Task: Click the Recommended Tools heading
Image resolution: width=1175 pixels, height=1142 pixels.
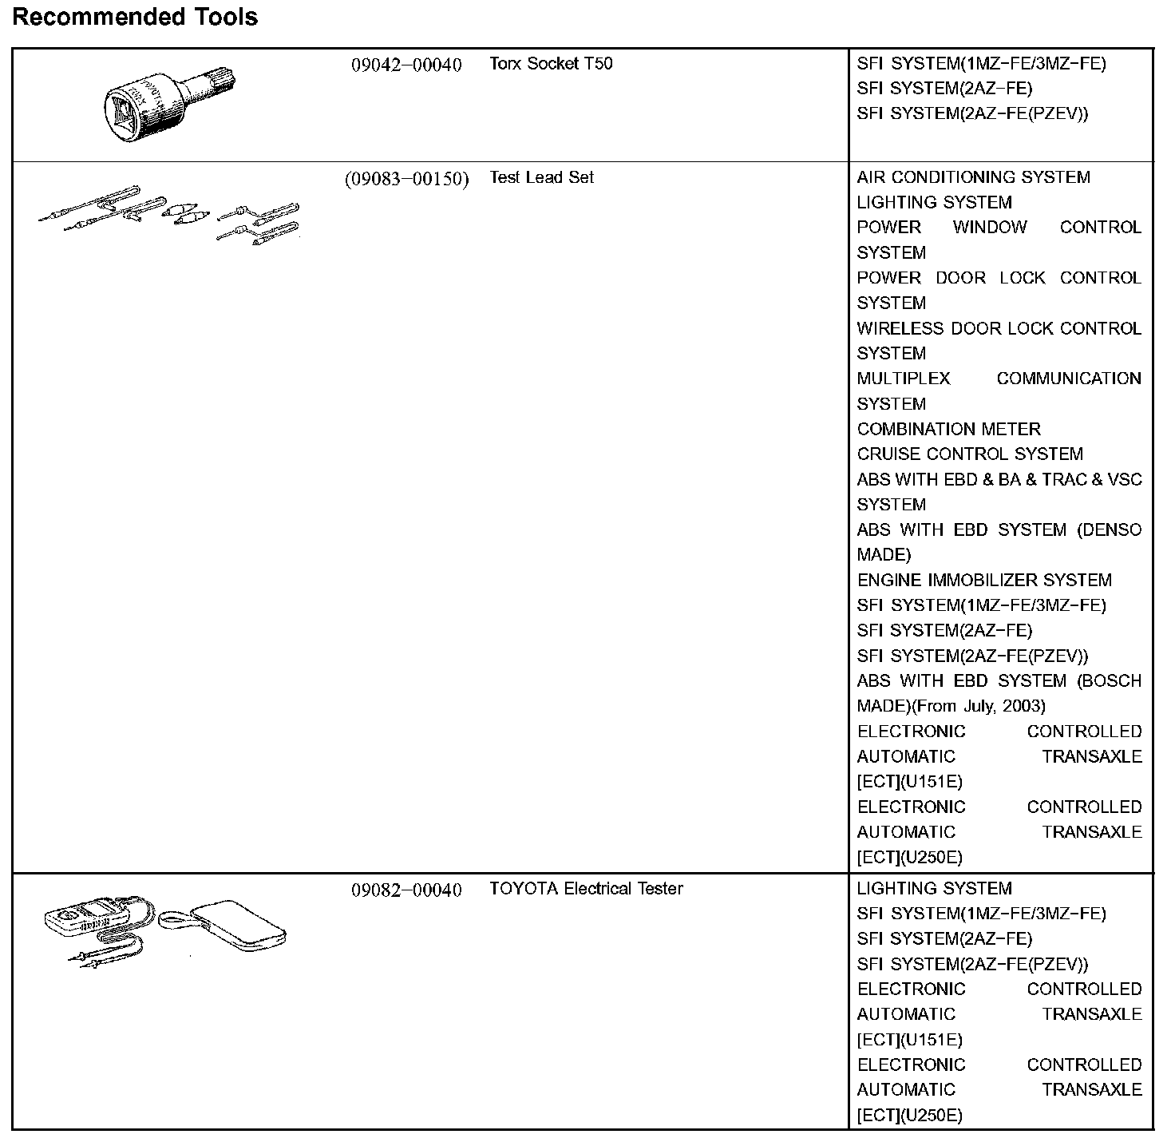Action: tap(135, 17)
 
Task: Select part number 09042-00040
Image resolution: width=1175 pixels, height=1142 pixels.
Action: tap(406, 65)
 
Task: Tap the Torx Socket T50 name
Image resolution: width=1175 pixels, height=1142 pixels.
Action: tap(551, 63)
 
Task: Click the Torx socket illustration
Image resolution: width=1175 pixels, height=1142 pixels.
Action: tap(171, 105)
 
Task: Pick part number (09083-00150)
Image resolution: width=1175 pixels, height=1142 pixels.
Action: tap(406, 178)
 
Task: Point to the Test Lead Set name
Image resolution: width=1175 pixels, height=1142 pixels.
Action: tap(541, 177)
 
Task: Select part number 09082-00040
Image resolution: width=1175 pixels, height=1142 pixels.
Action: tap(406, 890)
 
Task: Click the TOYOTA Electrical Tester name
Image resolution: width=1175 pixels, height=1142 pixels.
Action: tap(586, 888)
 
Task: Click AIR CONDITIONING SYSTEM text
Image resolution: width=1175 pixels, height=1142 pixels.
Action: tap(973, 177)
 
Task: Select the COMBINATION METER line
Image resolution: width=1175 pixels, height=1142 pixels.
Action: tap(948, 429)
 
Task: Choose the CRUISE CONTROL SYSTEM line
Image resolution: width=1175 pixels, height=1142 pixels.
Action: tap(970, 454)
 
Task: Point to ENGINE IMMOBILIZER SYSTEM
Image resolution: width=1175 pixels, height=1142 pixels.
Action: tap(984, 580)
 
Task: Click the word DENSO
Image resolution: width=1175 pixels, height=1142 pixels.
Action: tap(1110, 529)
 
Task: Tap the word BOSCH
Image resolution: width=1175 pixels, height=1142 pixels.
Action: tap(1110, 680)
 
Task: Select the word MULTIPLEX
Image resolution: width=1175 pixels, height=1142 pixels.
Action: tap(904, 379)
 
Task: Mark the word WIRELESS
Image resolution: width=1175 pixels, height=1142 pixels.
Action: tap(888, 328)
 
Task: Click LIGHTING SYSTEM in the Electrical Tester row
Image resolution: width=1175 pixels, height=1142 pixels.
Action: tap(934, 888)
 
